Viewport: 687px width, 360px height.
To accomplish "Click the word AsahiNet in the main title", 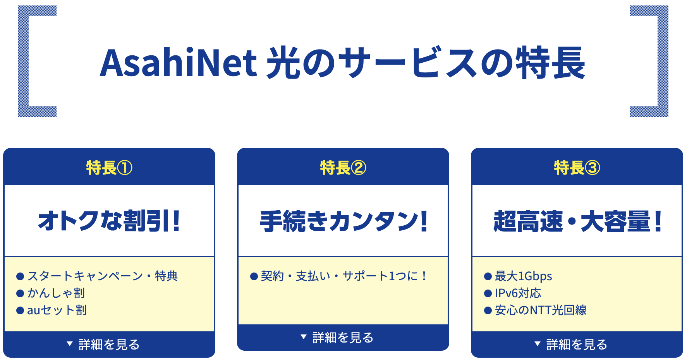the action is [179, 62].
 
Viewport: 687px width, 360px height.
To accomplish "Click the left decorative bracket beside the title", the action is [23, 61].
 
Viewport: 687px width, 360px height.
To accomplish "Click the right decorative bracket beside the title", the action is [663, 61].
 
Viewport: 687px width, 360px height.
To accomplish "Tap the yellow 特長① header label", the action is [109, 168].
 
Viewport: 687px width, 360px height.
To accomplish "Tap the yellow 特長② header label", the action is [343, 168].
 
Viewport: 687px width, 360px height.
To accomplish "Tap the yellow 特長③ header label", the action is [577, 168].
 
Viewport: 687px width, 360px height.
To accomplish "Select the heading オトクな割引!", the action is [109, 221].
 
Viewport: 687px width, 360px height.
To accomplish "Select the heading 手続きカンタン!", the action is [343, 221].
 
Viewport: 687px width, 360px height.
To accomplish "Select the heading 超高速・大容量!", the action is [577, 221].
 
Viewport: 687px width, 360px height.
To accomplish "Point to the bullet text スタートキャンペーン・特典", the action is [103, 276].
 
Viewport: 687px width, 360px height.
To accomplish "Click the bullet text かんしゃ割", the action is [56, 293].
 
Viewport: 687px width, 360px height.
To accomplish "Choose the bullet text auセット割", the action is [57, 310].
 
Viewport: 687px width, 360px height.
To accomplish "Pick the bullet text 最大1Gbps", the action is [524, 276].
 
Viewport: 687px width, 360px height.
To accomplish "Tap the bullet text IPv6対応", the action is [518, 293].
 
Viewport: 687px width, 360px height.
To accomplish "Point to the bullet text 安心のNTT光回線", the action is [541, 310].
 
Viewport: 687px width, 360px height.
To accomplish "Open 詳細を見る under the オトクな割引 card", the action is [103, 344].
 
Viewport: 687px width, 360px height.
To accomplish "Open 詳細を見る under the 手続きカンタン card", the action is [337, 338].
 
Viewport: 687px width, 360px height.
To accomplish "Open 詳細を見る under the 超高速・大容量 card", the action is [571, 344].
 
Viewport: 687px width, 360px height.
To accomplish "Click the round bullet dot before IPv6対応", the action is [488, 293].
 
